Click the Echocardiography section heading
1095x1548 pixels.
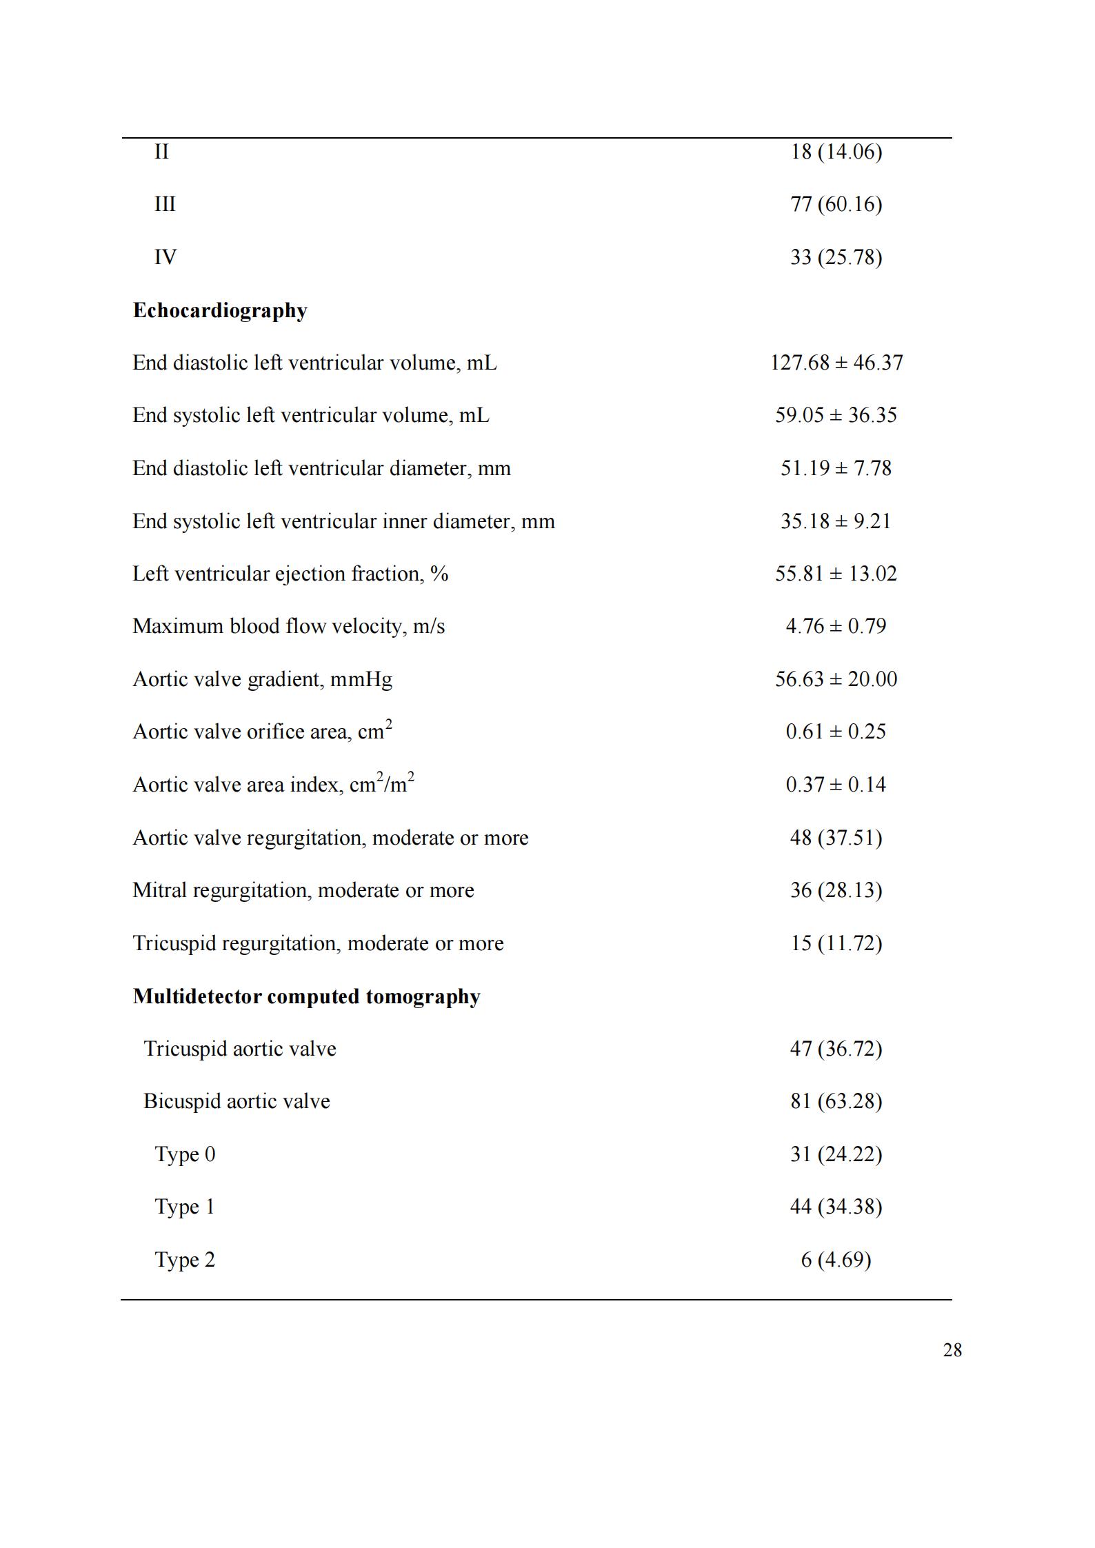[220, 310]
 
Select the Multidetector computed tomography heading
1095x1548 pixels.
[306, 996]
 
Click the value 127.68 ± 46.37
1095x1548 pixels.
[836, 363]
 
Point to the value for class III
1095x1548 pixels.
[836, 204]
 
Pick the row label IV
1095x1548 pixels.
[165, 257]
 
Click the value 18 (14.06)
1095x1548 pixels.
[836, 152]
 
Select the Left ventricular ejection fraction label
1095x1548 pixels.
[290, 574]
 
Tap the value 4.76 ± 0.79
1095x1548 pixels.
[836, 626]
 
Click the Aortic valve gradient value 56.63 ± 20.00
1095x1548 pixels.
[836, 679]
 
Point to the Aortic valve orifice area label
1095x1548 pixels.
[262, 732]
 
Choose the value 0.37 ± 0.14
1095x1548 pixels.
[836, 785]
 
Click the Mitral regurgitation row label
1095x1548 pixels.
[303, 890]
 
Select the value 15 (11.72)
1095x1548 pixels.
[836, 943]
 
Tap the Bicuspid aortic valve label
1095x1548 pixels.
[237, 1101]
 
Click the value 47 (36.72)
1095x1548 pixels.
[836, 1049]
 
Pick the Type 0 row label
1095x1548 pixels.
[185, 1154]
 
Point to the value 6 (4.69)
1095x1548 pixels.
[836, 1260]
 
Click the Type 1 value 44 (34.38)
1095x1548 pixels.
[836, 1207]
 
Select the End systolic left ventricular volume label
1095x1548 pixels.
[311, 415]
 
